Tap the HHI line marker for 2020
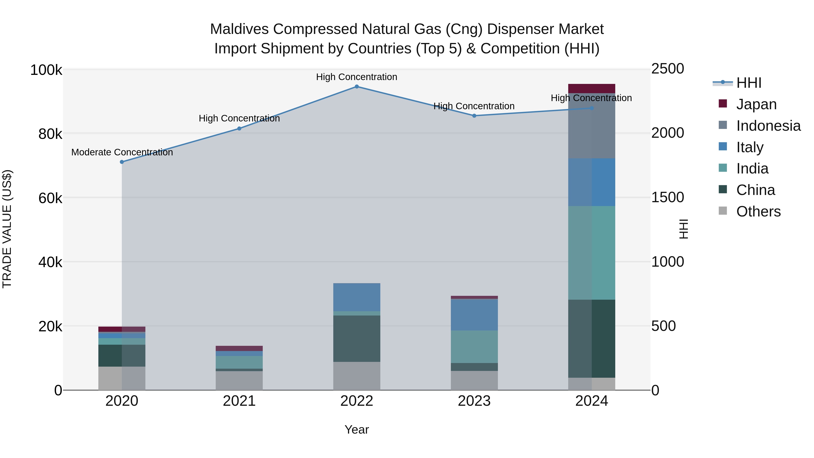tap(122, 162)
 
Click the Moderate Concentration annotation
tap(122, 152)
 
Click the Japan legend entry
tap(756, 104)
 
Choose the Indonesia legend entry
tap(768, 126)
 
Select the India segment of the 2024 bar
tap(592, 253)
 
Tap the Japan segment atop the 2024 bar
tap(592, 88)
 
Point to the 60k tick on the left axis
tap(50, 199)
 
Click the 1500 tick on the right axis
tap(667, 197)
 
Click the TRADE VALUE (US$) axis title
tap(7, 229)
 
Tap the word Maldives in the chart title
tap(239, 29)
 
